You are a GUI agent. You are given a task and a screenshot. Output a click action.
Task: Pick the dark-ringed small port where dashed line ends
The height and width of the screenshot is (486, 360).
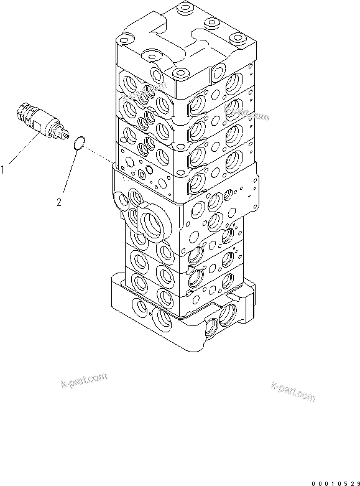pos(149,170)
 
